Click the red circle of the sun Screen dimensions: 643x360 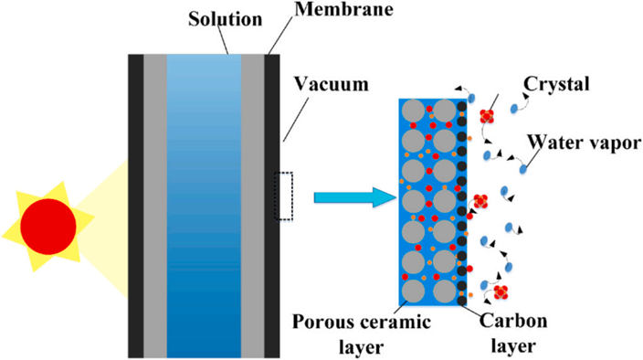(x=48, y=227)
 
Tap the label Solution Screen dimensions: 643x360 (x=225, y=19)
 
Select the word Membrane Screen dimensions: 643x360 (x=344, y=9)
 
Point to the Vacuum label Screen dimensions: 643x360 (x=332, y=84)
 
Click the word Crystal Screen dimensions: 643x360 (x=556, y=84)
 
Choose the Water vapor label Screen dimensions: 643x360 (x=585, y=143)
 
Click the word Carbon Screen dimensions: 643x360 (x=513, y=321)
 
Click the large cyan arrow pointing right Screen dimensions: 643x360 (x=354, y=197)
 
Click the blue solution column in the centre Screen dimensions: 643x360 (x=204, y=206)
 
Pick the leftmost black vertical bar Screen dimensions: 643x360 (x=136, y=206)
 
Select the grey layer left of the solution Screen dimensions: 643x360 (x=155, y=206)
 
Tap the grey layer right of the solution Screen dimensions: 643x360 (x=253, y=206)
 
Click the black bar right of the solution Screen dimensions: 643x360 (x=272, y=206)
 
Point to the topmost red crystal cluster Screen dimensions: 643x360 (x=487, y=116)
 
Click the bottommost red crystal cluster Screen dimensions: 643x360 (x=501, y=292)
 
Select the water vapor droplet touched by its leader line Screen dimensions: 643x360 (x=522, y=169)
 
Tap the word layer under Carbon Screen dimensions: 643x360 (x=513, y=346)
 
